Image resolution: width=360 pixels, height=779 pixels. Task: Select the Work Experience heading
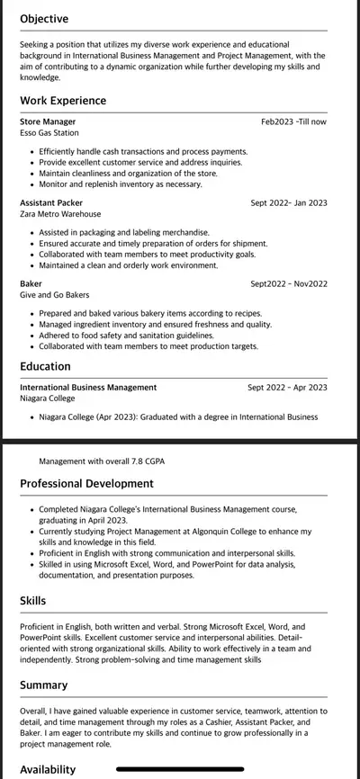(x=63, y=101)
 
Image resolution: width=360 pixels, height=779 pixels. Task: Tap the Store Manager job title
(x=48, y=121)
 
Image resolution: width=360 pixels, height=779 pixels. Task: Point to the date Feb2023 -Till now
(x=293, y=121)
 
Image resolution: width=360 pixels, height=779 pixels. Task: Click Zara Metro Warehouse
(x=60, y=214)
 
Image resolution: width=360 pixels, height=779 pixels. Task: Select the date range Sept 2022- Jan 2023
(x=288, y=202)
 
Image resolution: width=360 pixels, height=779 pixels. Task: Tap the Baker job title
(x=31, y=283)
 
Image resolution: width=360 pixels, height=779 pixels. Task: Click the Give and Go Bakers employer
(x=54, y=295)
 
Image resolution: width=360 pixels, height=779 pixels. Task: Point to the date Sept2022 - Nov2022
(x=289, y=283)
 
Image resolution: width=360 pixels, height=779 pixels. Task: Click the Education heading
(x=45, y=366)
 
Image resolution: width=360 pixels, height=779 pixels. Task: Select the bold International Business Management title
(x=88, y=387)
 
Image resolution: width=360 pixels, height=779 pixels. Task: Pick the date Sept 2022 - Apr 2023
(x=287, y=387)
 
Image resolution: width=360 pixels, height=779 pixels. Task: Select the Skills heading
(x=33, y=600)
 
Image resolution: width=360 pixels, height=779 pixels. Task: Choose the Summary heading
(x=43, y=685)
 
